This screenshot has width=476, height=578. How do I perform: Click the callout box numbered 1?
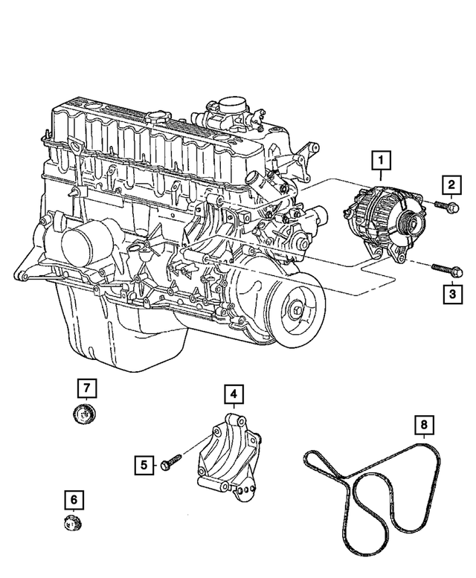[380, 160]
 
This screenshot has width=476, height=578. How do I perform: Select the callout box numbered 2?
[450, 184]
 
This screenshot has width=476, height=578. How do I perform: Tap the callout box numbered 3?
[451, 295]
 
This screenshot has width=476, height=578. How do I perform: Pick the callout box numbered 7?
[86, 388]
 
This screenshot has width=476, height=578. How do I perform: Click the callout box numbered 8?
[423, 426]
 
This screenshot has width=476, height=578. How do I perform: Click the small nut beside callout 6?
[72, 522]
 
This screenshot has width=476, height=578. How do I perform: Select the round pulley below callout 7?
[86, 413]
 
